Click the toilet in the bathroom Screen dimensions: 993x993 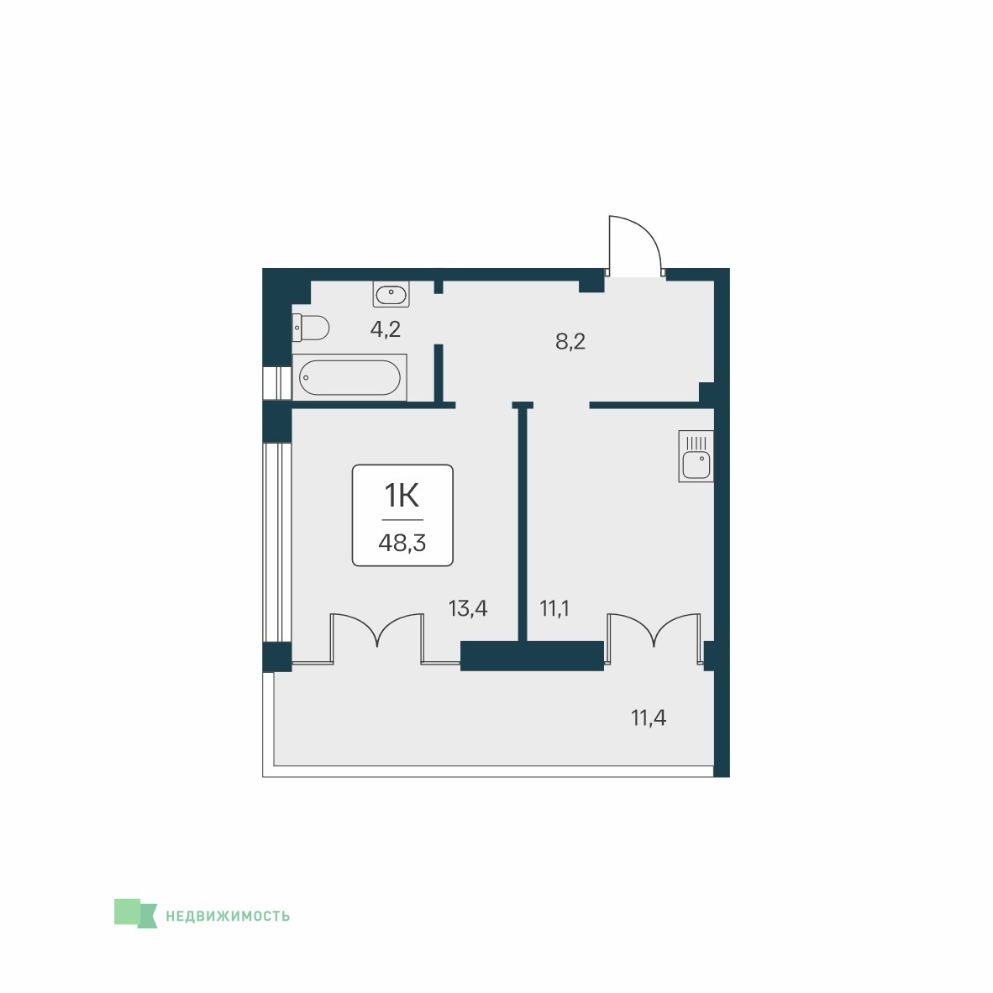[311, 328]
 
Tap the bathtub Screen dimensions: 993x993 [349, 377]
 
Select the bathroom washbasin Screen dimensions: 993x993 [391, 294]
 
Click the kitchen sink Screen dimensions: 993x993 [696, 456]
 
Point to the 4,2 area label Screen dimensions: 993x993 [386, 329]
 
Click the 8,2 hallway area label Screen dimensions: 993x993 [570, 341]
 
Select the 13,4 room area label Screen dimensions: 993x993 [468, 608]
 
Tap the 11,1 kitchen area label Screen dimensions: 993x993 [554, 608]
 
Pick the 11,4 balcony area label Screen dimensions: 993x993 [649, 718]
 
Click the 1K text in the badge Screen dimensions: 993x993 [402, 495]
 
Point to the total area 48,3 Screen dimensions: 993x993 [402, 543]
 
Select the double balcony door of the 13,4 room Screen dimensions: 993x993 [377, 638]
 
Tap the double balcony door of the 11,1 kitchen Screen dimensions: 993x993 [654, 638]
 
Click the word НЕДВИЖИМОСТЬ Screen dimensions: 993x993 [228, 916]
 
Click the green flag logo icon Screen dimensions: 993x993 [135, 913]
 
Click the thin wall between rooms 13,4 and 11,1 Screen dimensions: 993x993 [523, 523]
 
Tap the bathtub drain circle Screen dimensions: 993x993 [305, 377]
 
